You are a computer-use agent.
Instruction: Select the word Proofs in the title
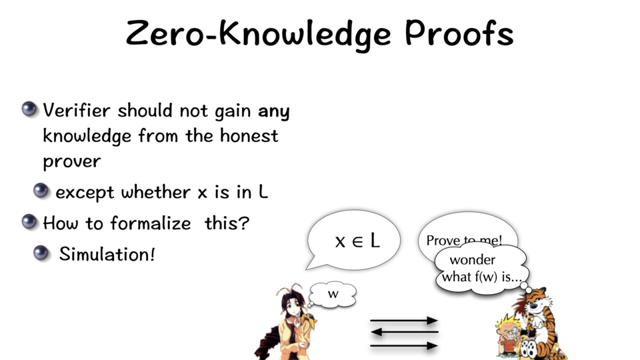pyautogui.click(x=459, y=32)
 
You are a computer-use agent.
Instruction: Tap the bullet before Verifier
pyautogui.click(x=29, y=109)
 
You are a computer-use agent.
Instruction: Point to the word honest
pyautogui.click(x=249, y=135)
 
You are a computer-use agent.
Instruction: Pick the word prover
pyautogui.click(x=72, y=161)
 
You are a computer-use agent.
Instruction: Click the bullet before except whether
pyautogui.click(x=41, y=191)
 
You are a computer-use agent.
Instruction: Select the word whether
pyautogui.click(x=156, y=192)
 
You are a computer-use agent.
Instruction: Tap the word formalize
pyautogui.click(x=151, y=223)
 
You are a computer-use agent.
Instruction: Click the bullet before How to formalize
pyautogui.click(x=29, y=221)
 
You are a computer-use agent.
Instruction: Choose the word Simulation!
pyautogui.click(x=107, y=254)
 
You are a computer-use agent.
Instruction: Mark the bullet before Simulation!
pyautogui.click(x=41, y=253)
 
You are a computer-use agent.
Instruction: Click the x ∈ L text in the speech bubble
pyautogui.click(x=357, y=241)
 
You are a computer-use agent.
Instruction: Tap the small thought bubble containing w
pyautogui.click(x=333, y=294)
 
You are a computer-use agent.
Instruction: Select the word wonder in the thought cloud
pyautogui.click(x=472, y=260)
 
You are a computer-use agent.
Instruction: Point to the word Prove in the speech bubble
pyautogui.click(x=439, y=241)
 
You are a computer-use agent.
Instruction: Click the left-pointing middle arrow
pyautogui.click(x=404, y=332)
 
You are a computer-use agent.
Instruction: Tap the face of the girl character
pyautogui.click(x=293, y=307)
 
